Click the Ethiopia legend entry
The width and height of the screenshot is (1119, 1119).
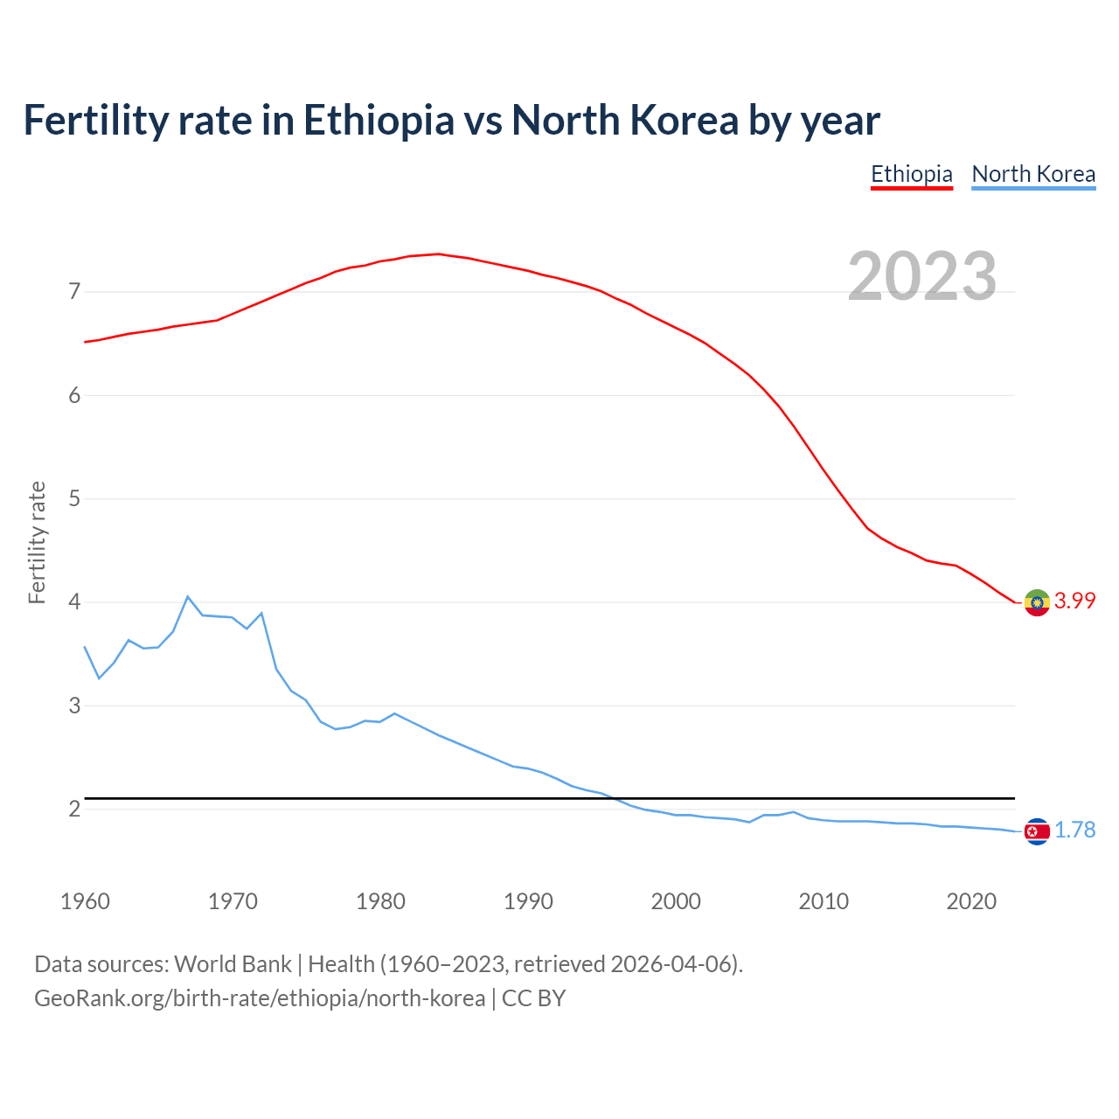click(911, 174)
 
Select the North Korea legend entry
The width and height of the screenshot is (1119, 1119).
click(1033, 174)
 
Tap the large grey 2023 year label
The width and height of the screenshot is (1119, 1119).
click(921, 276)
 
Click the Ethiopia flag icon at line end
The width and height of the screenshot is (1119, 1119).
click(1037, 602)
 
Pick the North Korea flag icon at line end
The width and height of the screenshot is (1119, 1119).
click(1037, 831)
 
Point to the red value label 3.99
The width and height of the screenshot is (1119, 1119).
click(1074, 601)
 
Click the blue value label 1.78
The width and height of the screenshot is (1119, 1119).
click(1074, 831)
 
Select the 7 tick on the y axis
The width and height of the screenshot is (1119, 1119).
click(74, 291)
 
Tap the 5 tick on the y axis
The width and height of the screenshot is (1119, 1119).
click(74, 498)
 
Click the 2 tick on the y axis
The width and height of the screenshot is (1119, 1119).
click(74, 810)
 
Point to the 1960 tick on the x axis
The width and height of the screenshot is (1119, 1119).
click(85, 901)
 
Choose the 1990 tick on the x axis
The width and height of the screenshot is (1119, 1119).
click(528, 901)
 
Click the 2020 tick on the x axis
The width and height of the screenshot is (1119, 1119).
click(971, 901)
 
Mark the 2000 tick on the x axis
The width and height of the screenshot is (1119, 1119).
click(676, 901)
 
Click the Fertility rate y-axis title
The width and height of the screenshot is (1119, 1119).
click(37, 542)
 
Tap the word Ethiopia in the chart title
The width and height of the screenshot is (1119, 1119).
click(379, 121)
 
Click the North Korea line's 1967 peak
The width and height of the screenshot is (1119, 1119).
click(188, 597)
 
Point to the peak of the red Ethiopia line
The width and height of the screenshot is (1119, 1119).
click(438, 254)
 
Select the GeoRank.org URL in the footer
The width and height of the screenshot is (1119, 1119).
click(259, 998)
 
